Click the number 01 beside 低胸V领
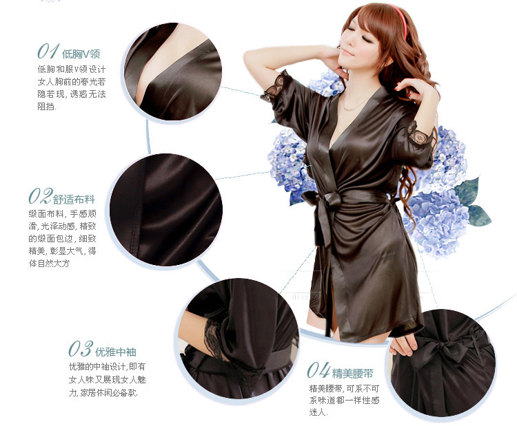pyautogui.click(x=48, y=52)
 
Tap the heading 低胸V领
pyautogui.click(x=81, y=53)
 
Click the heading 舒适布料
pyautogui.click(x=74, y=199)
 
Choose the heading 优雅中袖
pyautogui.click(x=116, y=352)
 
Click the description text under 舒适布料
pyautogui.click(x=67, y=238)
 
